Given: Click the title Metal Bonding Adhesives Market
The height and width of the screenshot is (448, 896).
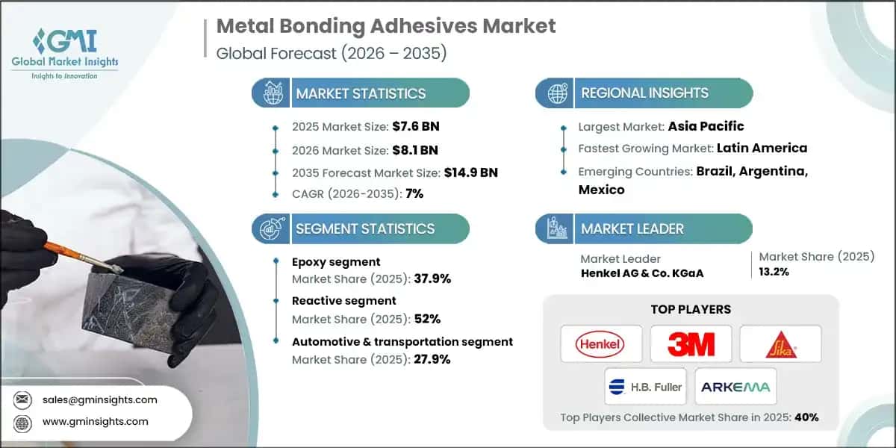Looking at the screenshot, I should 385,26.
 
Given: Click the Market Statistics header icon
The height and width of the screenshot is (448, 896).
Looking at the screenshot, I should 271,93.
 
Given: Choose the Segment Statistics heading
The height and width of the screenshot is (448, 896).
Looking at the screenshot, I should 365,228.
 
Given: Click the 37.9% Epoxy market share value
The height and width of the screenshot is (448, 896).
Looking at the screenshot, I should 432,279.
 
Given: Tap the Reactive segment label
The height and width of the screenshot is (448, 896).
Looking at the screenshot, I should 344,300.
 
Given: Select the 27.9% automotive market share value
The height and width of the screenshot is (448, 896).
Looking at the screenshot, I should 432,358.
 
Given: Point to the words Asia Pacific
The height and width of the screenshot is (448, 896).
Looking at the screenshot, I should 706,126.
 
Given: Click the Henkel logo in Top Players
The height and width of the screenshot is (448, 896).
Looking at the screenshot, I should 600,343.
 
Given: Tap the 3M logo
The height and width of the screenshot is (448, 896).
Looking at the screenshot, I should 691,343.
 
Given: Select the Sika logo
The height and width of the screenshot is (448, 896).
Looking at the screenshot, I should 780,343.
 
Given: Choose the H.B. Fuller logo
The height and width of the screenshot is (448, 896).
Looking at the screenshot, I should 646,386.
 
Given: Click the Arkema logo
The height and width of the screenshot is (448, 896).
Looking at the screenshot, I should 735,386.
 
